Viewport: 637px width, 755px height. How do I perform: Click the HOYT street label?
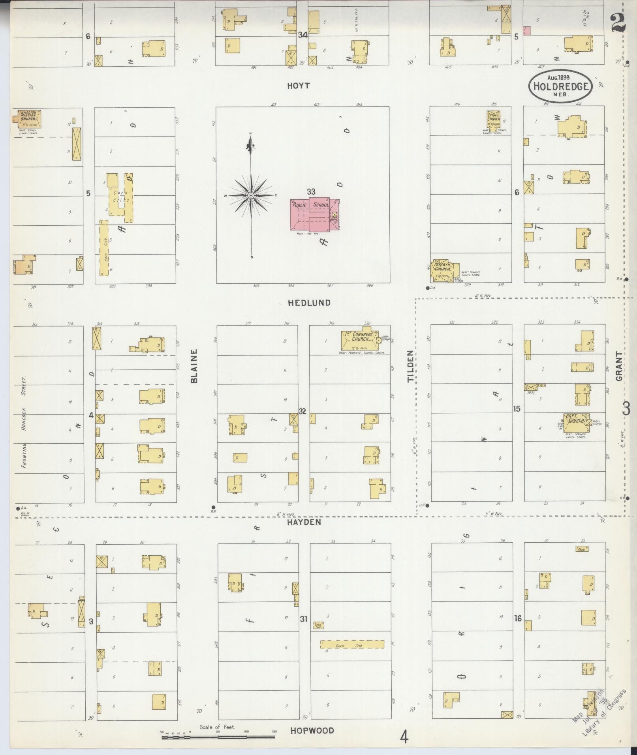coord(299,86)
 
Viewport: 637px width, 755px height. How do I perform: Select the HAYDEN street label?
coord(304,522)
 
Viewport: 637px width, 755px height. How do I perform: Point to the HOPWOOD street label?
coord(312,731)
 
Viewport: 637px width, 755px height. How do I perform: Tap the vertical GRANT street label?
coord(618,366)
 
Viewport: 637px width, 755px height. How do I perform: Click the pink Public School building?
coord(315,214)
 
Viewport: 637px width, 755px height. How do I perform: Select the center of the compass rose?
coord(251,196)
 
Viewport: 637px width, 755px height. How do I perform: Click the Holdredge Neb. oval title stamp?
coord(561,86)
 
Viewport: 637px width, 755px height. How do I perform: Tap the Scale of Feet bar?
coord(218,736)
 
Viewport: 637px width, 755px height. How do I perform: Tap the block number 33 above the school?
coord(311,192)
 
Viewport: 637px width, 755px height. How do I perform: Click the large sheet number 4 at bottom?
coord(404,737)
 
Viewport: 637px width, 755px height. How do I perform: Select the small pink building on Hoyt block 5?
coord(526,30)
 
